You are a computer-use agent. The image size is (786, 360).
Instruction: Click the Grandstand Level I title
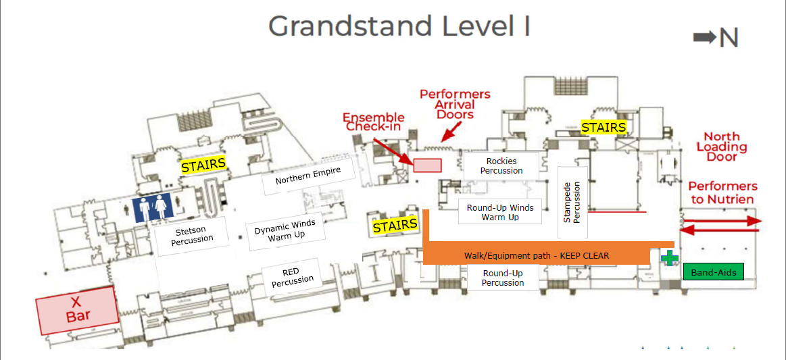399,26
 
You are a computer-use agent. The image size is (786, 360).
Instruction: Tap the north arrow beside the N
704,38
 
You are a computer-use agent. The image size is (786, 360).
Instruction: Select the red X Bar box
78,309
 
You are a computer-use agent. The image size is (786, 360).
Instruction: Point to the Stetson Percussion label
192,236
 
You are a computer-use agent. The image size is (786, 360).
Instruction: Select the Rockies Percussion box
501,166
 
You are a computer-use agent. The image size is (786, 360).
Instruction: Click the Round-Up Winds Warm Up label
500,212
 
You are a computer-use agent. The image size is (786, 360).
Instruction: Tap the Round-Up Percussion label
503,278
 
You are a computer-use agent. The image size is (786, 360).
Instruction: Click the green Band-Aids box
713,272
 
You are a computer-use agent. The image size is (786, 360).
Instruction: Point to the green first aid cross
669,258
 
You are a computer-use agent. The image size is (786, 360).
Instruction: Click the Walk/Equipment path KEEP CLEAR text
537,255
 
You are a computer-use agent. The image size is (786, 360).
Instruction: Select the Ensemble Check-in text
375,122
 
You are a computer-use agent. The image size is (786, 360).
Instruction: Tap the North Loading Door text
721,147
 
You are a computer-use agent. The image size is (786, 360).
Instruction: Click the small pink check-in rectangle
427,165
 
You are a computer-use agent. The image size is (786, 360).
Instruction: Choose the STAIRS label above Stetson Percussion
203,165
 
